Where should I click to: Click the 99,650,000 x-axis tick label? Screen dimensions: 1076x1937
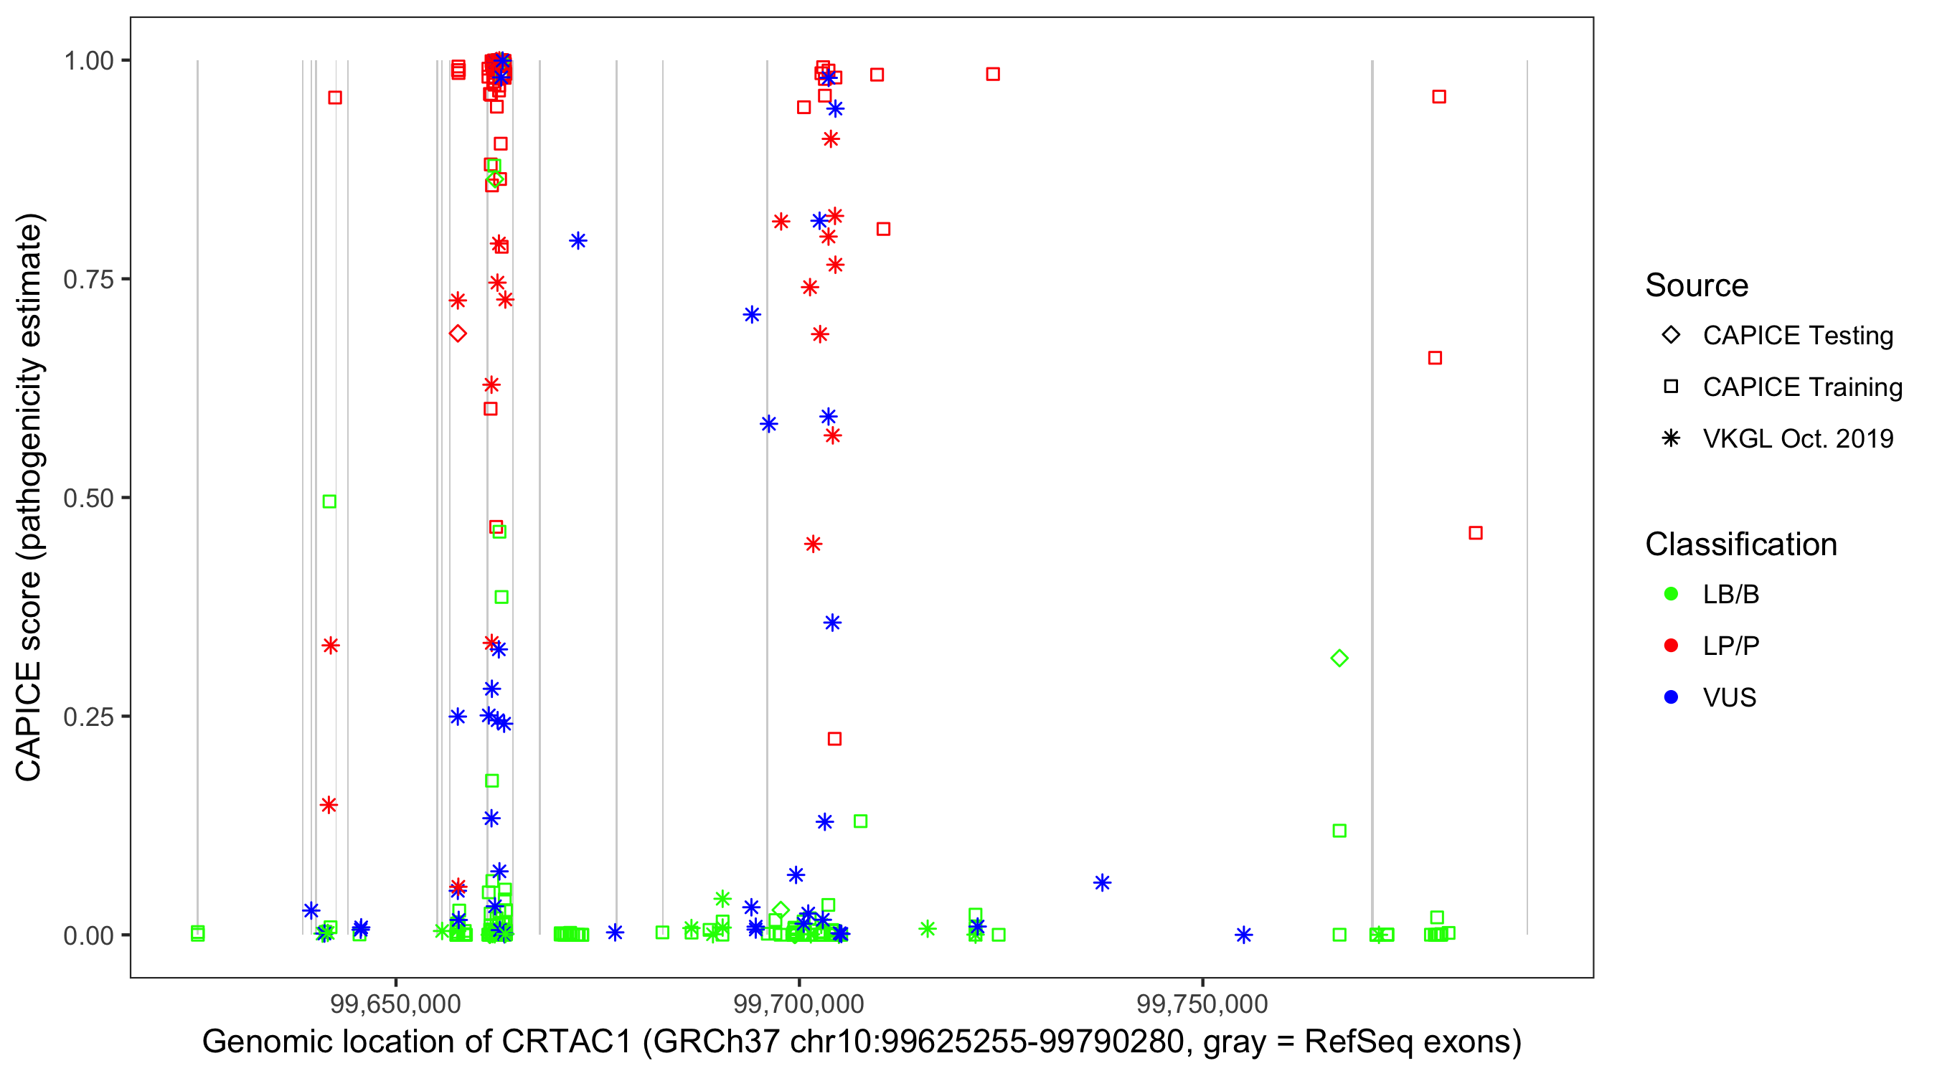point(395,1003)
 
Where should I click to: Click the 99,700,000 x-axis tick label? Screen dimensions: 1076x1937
point(798,1003)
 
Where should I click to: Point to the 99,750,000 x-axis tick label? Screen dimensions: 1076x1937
point(1202,1003)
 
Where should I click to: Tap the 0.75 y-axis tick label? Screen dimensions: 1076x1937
point(88,280)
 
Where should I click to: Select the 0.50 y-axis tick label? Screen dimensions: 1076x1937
point(88,498)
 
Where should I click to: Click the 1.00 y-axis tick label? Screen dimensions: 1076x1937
point(88,61)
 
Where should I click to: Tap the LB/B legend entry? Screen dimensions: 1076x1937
point(1730,594)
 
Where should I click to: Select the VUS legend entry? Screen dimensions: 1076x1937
point(1729,698)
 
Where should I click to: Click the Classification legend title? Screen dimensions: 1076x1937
point(1740,544)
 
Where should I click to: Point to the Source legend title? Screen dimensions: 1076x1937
point(1696,285)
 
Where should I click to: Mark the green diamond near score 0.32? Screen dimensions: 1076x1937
point(1339,659)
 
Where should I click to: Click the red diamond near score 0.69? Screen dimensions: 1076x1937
point(457,333)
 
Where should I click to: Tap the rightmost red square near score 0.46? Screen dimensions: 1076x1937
point(1475,533)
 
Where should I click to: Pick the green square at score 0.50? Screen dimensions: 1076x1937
point(329,501)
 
